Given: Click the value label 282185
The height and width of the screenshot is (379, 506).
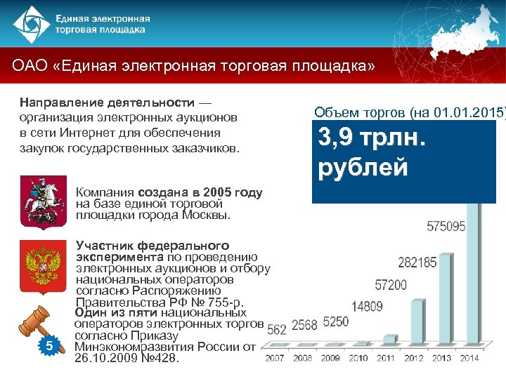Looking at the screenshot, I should (417, 262).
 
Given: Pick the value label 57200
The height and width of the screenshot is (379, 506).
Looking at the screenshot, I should (391, 285).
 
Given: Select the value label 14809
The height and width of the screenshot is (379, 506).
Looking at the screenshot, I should (367, 306).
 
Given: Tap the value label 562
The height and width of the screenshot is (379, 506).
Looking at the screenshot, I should (276, 328).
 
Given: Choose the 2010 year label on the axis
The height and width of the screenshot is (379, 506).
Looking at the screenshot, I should (358, 359).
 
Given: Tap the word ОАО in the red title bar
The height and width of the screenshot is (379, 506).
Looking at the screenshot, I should (30, 66).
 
